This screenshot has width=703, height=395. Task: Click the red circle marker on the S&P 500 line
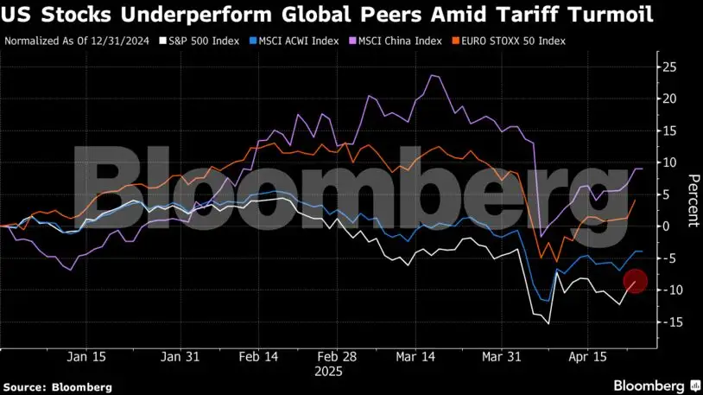635,281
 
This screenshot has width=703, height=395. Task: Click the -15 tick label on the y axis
668,322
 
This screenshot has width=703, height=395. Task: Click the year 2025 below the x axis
329,372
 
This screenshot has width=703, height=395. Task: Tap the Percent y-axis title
693,199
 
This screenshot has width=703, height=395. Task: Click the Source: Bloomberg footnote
57,387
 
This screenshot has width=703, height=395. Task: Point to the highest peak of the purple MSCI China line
433,76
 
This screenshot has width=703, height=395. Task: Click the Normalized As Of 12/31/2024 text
65,41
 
